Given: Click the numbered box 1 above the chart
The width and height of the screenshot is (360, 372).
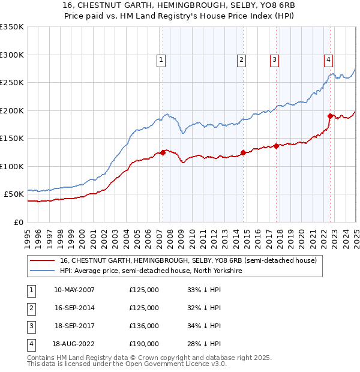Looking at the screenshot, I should [x=162, y=59].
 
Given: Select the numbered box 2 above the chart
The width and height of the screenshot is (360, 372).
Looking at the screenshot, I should [x=241, y=59].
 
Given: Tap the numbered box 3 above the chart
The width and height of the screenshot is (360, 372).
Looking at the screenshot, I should [x=274, y=59].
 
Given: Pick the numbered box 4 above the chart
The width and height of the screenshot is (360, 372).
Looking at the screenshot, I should [x=329, y=59].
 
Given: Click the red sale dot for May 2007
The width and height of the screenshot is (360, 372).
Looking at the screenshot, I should [x=163, y=152].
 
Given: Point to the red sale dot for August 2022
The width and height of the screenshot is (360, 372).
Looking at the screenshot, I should [x=330, y=116].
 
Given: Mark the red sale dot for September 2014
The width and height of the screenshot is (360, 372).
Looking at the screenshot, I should [x=243, y=152].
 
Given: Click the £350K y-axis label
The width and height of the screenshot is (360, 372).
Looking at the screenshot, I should [x=11, y=27].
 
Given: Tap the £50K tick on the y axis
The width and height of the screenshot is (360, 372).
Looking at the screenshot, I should [x=14, y=194].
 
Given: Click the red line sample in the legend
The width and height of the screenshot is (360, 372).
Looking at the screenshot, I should [x=43, y=261].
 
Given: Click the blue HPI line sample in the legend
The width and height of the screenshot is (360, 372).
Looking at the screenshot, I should [x=43, y=271].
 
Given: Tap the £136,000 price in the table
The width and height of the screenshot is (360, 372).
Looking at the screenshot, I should [x=144, y=326].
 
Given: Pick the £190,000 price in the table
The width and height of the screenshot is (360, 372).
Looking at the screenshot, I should [x=144, y=344].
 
